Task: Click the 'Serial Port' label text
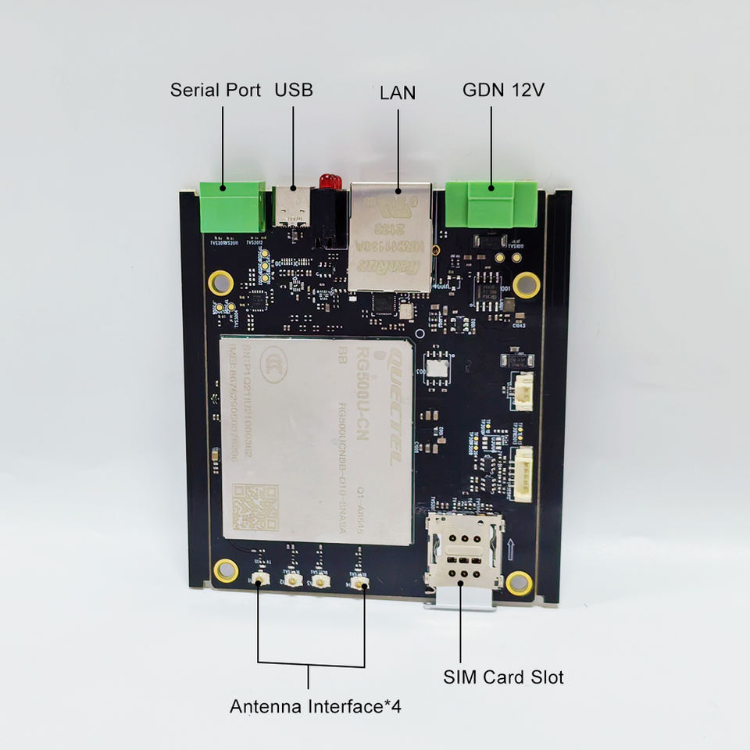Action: tap(215, 90)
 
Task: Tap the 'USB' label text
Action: tap(293, 90)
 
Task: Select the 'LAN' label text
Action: tap(398, 93)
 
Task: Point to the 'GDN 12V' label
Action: tap(503, 89)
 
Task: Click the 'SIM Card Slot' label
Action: tap(503, 677)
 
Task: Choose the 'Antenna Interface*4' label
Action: tap(316, 707)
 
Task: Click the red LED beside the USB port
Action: tap(330, 182)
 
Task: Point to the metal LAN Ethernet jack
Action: tap(391, 234)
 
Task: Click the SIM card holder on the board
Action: tap(462, 552)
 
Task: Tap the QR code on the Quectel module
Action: tap(255, 506)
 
